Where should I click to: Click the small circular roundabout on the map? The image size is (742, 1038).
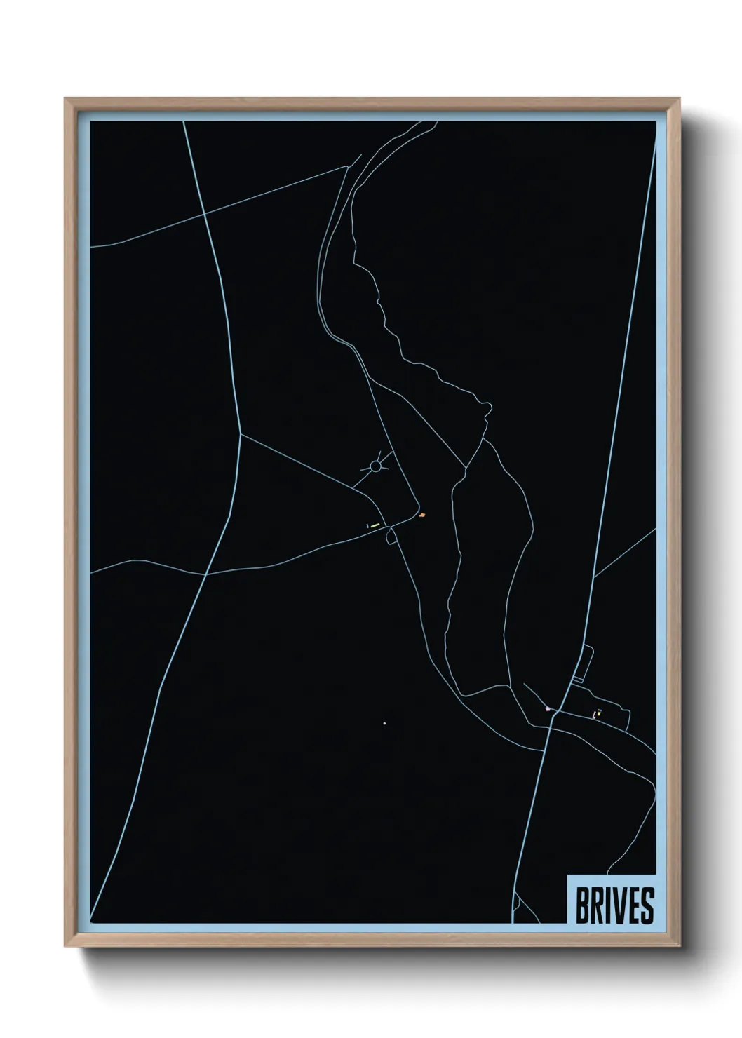(375, 466)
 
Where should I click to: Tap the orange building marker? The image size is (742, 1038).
(422, 515)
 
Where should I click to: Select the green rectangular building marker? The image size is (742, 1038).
(375, 525)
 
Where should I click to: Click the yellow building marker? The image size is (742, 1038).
(598, 714)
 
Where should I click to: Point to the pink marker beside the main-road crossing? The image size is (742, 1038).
(548, 710)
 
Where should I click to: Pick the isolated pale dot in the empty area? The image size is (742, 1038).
(385, 723)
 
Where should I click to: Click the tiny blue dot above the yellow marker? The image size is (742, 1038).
(600, 709)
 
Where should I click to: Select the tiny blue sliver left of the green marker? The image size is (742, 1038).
(367, 525)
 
